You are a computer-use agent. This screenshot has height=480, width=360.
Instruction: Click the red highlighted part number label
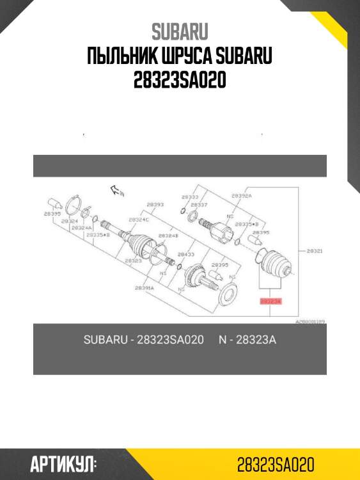pos(270,300)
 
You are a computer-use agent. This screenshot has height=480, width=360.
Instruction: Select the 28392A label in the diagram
pos(241,195)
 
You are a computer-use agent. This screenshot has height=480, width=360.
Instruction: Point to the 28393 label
pos(155,205)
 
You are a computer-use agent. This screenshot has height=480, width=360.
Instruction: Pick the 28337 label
pos(199,205)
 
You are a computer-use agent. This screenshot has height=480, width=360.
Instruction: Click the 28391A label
pos(143,288)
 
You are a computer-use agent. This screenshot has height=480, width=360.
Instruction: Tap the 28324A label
pos(81,227)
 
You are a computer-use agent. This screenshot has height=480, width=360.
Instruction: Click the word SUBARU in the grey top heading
pos(180,31)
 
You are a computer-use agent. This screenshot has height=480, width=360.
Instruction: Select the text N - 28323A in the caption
pos(247,339)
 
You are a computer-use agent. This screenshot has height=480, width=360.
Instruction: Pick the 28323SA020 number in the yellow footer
pos(275,464)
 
